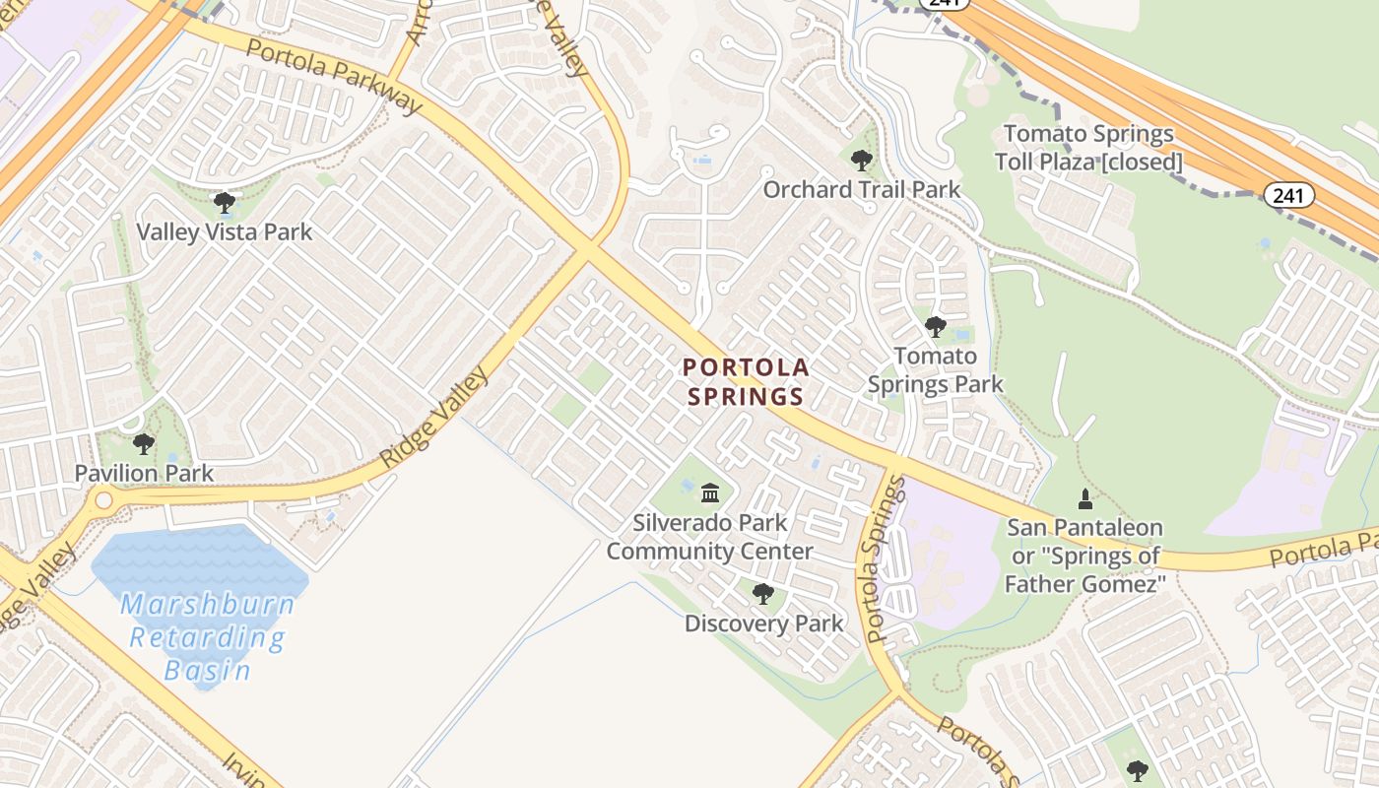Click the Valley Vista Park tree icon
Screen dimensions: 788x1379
pos(225,204)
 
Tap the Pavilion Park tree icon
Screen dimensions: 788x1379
pos(144,444)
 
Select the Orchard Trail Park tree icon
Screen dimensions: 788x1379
pos(862,160)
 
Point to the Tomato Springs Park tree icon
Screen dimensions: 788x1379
pos(935,326)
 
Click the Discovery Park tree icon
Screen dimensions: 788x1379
pos(763,594)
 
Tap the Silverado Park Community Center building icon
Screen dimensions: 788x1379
pos(709,492)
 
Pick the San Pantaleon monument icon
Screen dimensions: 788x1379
pos(1084,499)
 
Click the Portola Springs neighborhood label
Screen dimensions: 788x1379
pos(747,382)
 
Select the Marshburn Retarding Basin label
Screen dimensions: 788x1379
pos(208,637)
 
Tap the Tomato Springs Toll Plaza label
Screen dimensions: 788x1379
pos(1088,148)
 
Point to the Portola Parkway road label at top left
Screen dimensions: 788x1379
pos(334,75)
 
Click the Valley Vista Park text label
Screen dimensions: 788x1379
pos(225,232)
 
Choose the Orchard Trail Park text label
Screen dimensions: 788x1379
pos(862,189)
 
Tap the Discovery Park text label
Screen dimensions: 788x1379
pos(764,624)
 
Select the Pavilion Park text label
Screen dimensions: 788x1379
pos(144,473)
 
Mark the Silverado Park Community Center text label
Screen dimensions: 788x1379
pos(709,537)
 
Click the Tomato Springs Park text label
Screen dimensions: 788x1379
pos(936,369)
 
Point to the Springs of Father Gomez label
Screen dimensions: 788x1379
pos(1084,557)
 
